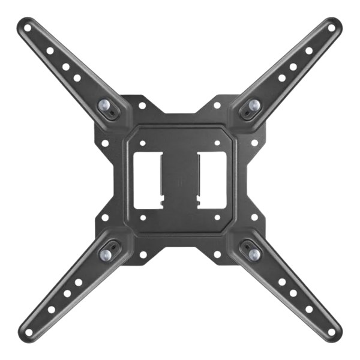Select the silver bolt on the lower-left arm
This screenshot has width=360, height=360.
[106, 254]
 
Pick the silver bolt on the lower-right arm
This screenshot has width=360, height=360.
[253, 254]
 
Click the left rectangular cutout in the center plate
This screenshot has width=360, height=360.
[148, 179]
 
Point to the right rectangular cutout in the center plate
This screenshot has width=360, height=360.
[212, 179]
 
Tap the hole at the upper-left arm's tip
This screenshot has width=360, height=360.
[28, 27]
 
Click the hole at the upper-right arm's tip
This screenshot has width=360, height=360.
[331, 27]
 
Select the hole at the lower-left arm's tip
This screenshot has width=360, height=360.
[28, 332]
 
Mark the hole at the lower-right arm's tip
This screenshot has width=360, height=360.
[331, 332]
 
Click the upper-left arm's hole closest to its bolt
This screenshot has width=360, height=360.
[77, 77]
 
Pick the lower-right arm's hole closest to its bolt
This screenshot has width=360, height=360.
[281, 281]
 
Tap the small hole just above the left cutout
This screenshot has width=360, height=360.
[142, 144]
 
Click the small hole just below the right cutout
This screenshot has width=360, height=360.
[217, 216]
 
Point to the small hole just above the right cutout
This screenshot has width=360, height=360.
[217, 144]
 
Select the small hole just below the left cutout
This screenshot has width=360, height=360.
[142, 216]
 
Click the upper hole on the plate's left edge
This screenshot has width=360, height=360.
[105, 143]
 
